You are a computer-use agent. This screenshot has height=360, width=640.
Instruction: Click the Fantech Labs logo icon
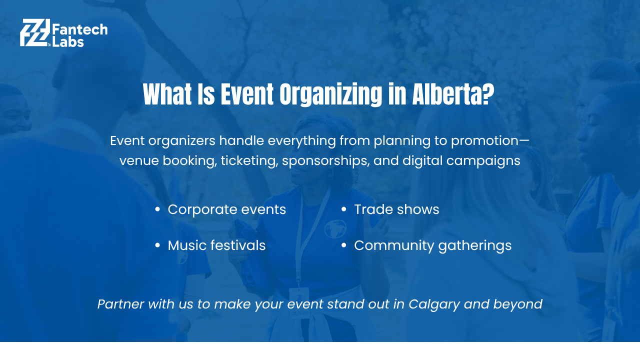click(35, 32)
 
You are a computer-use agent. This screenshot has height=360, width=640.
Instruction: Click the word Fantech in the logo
click(80, 29)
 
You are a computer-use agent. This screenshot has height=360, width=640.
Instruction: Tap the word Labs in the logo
click(68, 41)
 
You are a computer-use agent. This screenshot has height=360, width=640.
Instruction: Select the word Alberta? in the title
click(453, 94)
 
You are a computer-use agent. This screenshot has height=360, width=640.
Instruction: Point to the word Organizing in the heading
click(330, 95)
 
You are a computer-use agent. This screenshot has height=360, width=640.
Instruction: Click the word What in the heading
click(167, 94)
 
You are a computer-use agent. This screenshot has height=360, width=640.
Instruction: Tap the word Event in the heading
click(247, 94)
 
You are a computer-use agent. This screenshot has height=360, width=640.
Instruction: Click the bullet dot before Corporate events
click(157, 209)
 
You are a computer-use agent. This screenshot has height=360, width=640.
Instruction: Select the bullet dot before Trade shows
click(343, 209)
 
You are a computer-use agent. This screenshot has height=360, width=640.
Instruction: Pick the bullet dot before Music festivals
click(157, 245)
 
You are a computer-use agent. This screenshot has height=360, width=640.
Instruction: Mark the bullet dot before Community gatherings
click(343, 245)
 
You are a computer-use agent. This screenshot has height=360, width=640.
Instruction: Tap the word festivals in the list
click(239, 245)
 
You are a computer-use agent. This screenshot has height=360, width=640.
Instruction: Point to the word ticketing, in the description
click(249, 161)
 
